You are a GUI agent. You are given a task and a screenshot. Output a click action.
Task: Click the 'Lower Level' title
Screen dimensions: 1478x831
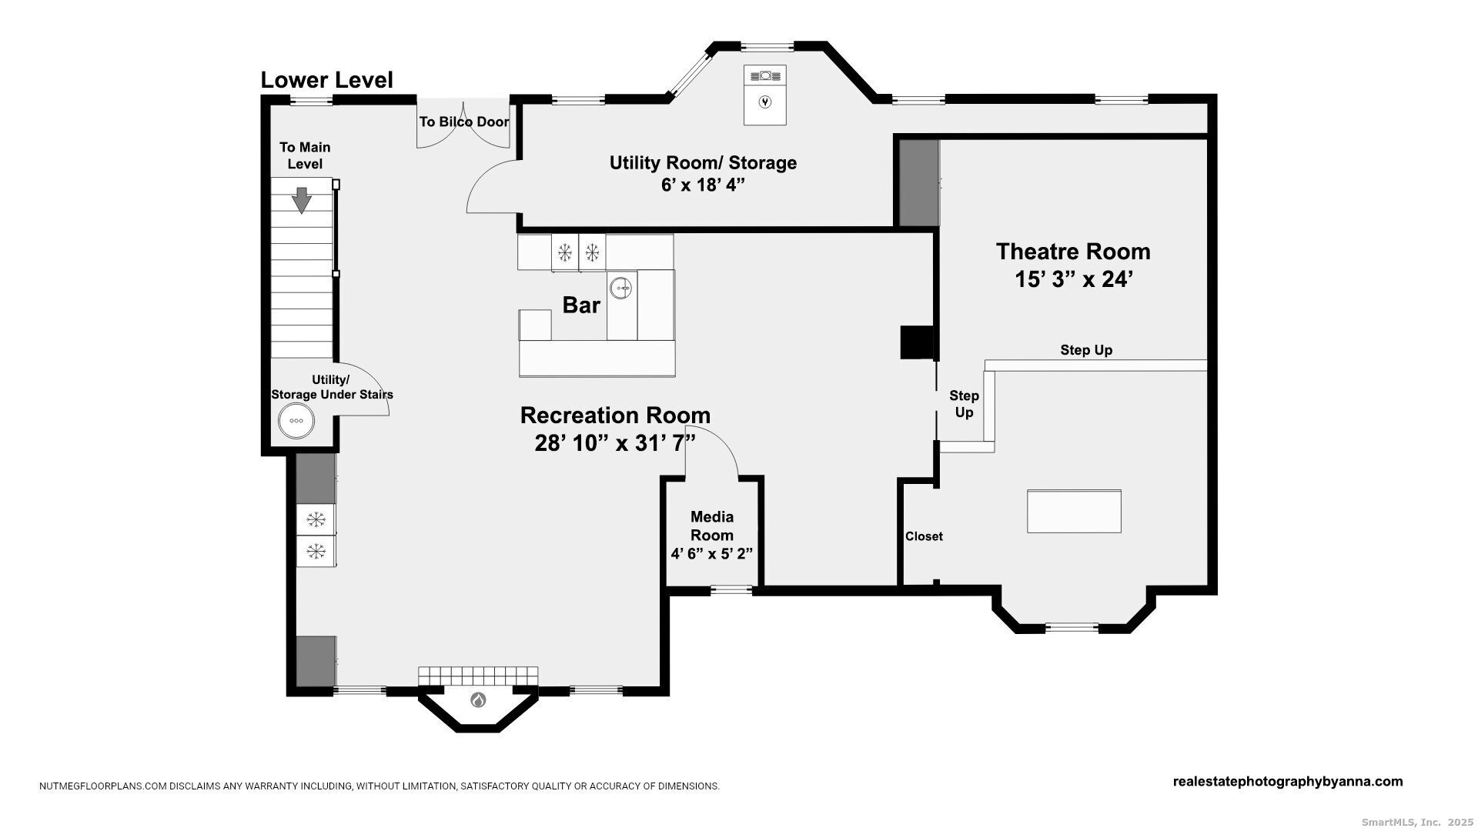point(326,80)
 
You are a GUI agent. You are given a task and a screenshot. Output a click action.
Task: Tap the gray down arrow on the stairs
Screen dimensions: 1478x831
point(302,200)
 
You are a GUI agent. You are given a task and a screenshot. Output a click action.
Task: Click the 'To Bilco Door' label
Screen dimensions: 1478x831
point(464,122)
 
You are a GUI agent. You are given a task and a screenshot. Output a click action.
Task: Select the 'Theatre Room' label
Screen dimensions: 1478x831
point(1073,252)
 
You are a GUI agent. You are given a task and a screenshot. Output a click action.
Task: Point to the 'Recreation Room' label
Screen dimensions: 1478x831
point(615,415)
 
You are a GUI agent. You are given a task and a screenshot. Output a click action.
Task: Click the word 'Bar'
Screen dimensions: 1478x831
point(581,305)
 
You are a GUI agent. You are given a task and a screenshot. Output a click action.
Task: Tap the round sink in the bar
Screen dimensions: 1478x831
point(621,289)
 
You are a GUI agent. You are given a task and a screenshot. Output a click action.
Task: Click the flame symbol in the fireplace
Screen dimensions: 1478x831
point(478,700)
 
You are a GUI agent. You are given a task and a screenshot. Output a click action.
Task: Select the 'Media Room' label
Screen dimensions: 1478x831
point(712,526)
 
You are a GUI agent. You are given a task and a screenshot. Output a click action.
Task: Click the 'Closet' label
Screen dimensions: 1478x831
point(924,536)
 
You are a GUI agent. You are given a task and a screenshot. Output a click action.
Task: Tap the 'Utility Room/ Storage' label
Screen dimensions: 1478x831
point(703,163)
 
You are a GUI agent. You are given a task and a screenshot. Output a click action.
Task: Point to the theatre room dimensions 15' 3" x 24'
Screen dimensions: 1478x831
point(1073,279)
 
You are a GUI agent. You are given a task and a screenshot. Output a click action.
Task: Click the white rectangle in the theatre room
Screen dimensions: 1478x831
point(1074,511)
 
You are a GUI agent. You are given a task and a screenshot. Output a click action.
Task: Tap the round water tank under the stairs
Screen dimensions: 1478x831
point(296,421)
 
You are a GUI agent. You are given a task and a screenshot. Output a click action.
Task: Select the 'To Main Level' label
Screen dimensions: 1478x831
point(305,155)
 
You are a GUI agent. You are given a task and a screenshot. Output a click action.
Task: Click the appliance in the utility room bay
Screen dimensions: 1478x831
point(765,95)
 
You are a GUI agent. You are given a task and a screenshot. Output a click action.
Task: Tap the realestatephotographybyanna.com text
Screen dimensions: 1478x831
point(1288,782)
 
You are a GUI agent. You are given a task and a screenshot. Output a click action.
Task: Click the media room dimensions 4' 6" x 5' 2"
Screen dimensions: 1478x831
point(712,553)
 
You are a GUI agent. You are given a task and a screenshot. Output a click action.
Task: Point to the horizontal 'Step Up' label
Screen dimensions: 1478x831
point(1086,350)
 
